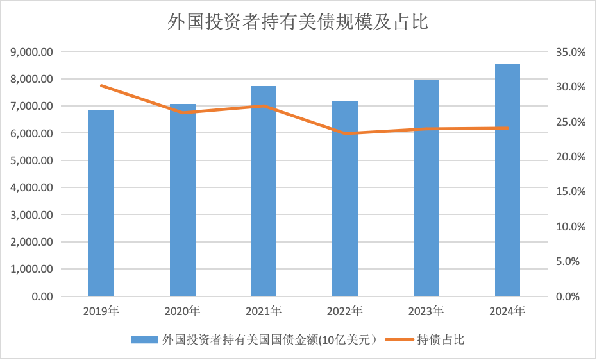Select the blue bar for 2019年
pyautogui.click(x=101, y=203)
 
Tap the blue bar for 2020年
pyautogui.click(x=183, y=200)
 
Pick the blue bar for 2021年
pyautogui.click(x=264, y=191)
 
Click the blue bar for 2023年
pyautogui.click(x=426, y=189)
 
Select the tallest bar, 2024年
pyautogui.click(x=507, y=180)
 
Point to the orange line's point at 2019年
pyautogui.click(x=101, y=85)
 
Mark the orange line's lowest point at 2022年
pyautogui.click(x=345, y=133)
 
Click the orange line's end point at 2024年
pyautogui.click(x=507, y=128)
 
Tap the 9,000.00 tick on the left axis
pyautogui.click(x=32, y=52)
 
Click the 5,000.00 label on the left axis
pyautogui.click(x=32, y=161)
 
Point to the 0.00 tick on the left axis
pyautogui.click(x=42, y=297)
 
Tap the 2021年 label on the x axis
pyautogui.click(x=264, y=312)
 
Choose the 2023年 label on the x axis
pyautogui.click(x=426, y=312)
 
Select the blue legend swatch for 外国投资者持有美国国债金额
pyautogui.click(x=144, y=339)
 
